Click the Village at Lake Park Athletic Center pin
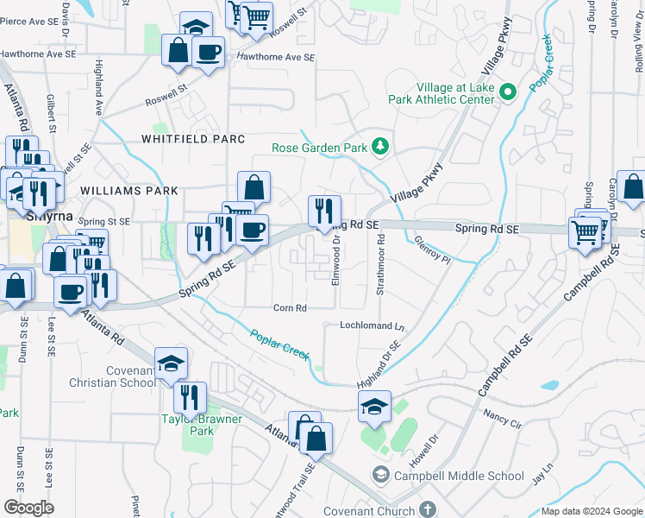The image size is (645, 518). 508,91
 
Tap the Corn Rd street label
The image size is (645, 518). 290,308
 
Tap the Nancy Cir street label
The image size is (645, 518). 503,420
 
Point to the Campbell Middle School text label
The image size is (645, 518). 458,476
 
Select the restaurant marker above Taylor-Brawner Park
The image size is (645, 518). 190,396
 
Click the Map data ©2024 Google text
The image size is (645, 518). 592,511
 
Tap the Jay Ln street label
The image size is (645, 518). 541,476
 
